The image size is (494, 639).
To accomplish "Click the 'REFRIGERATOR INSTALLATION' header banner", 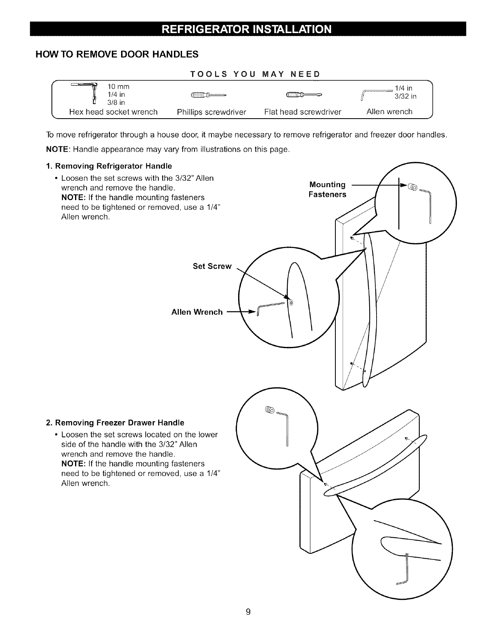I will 247,29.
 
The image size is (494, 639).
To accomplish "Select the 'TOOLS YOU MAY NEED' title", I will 255,74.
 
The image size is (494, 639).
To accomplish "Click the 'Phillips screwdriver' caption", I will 211,112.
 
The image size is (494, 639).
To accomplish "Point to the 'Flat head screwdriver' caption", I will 303,112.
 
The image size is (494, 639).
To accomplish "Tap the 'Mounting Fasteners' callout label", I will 327,190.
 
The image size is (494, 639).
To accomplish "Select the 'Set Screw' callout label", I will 212,266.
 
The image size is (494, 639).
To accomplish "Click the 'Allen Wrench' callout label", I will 197,312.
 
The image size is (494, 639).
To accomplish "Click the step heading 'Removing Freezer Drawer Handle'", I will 115,423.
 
